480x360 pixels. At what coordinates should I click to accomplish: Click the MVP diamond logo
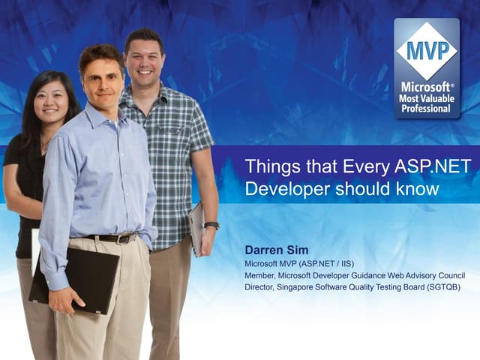(427, 51)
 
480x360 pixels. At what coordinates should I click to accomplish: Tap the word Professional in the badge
(427, 109)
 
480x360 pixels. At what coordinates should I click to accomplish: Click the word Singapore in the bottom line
(301, 287)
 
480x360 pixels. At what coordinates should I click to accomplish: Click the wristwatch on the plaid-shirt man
(211, 225)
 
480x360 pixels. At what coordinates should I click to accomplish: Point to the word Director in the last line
(261, 287)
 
